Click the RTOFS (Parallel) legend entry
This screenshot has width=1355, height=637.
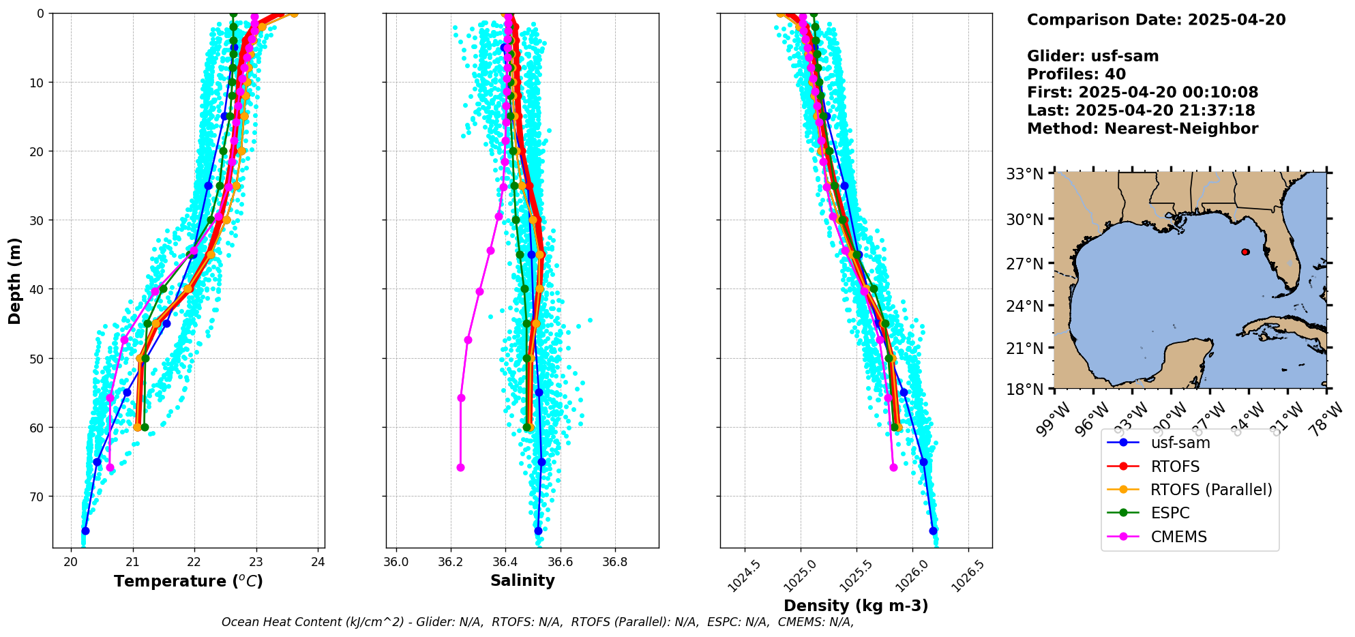tap(1210, 490)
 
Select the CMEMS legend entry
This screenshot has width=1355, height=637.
tap(1178, 537)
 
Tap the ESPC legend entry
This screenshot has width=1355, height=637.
tap(1170, 513)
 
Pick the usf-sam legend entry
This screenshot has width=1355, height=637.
tap(1180, 443)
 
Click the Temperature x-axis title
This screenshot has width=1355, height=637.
tap(188, 581)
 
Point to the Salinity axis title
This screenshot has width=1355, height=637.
tap(522, 580)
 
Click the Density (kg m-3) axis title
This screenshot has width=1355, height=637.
tap(856, 606)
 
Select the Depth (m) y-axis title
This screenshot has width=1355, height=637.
tap(15, 281)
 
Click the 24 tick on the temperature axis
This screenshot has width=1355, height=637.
tap(318, 562)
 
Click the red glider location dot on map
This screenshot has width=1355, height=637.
tap(1245, 252)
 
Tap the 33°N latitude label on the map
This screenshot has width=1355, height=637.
tap(1025, 174)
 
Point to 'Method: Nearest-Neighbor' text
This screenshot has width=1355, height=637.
tap(1142, 129)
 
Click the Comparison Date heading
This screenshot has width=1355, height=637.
tap(1156, 20)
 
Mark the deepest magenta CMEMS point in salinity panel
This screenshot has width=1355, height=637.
tap(460, 467)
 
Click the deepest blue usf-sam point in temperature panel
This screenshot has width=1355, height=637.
tap(85, 531)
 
